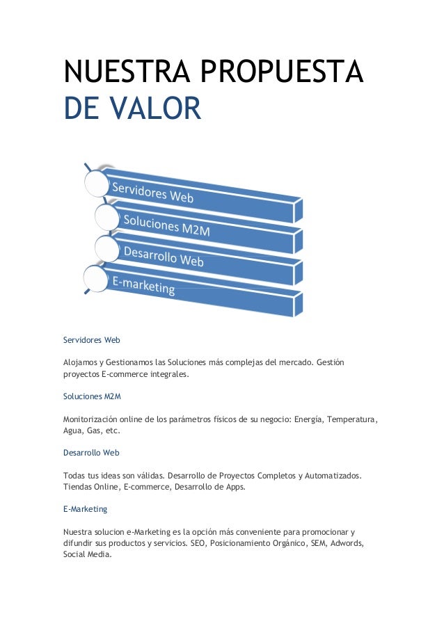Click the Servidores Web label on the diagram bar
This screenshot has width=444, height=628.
(153, 192)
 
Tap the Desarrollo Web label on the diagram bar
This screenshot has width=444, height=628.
(164, 256)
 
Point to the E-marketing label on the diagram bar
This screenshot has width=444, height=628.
(143, 285)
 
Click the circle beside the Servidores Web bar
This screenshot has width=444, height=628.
(97, 183)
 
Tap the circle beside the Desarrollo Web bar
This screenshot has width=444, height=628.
(106, 248)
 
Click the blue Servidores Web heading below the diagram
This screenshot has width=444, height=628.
(92, 341)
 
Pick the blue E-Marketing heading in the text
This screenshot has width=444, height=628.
(85, 509)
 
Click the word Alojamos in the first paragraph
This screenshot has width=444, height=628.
(81, 363)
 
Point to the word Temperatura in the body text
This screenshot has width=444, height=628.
(352, 419)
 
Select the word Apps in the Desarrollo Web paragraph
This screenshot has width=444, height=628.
(235, 487)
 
